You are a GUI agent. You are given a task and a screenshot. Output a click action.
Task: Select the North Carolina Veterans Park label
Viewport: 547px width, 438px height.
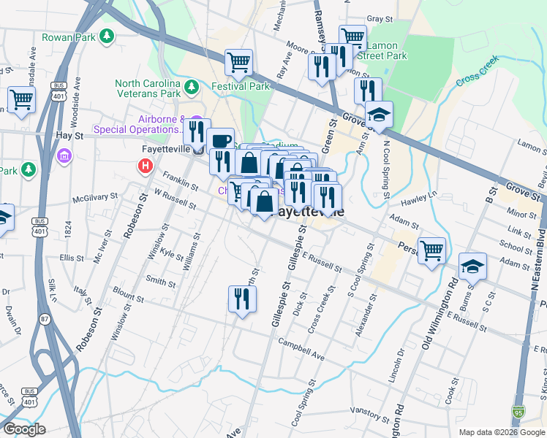147,88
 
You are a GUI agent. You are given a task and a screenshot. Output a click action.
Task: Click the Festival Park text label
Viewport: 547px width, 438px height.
236,86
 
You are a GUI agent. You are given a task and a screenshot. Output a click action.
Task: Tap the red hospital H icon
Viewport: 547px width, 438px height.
145,166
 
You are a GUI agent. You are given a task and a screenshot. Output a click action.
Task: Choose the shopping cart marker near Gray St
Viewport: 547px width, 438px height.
352,37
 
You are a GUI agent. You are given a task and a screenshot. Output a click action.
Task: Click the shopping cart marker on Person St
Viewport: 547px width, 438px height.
431,250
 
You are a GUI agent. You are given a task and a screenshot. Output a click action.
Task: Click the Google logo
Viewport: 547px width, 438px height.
24,429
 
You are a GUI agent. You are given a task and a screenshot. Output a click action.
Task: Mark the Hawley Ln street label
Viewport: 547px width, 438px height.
422,196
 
